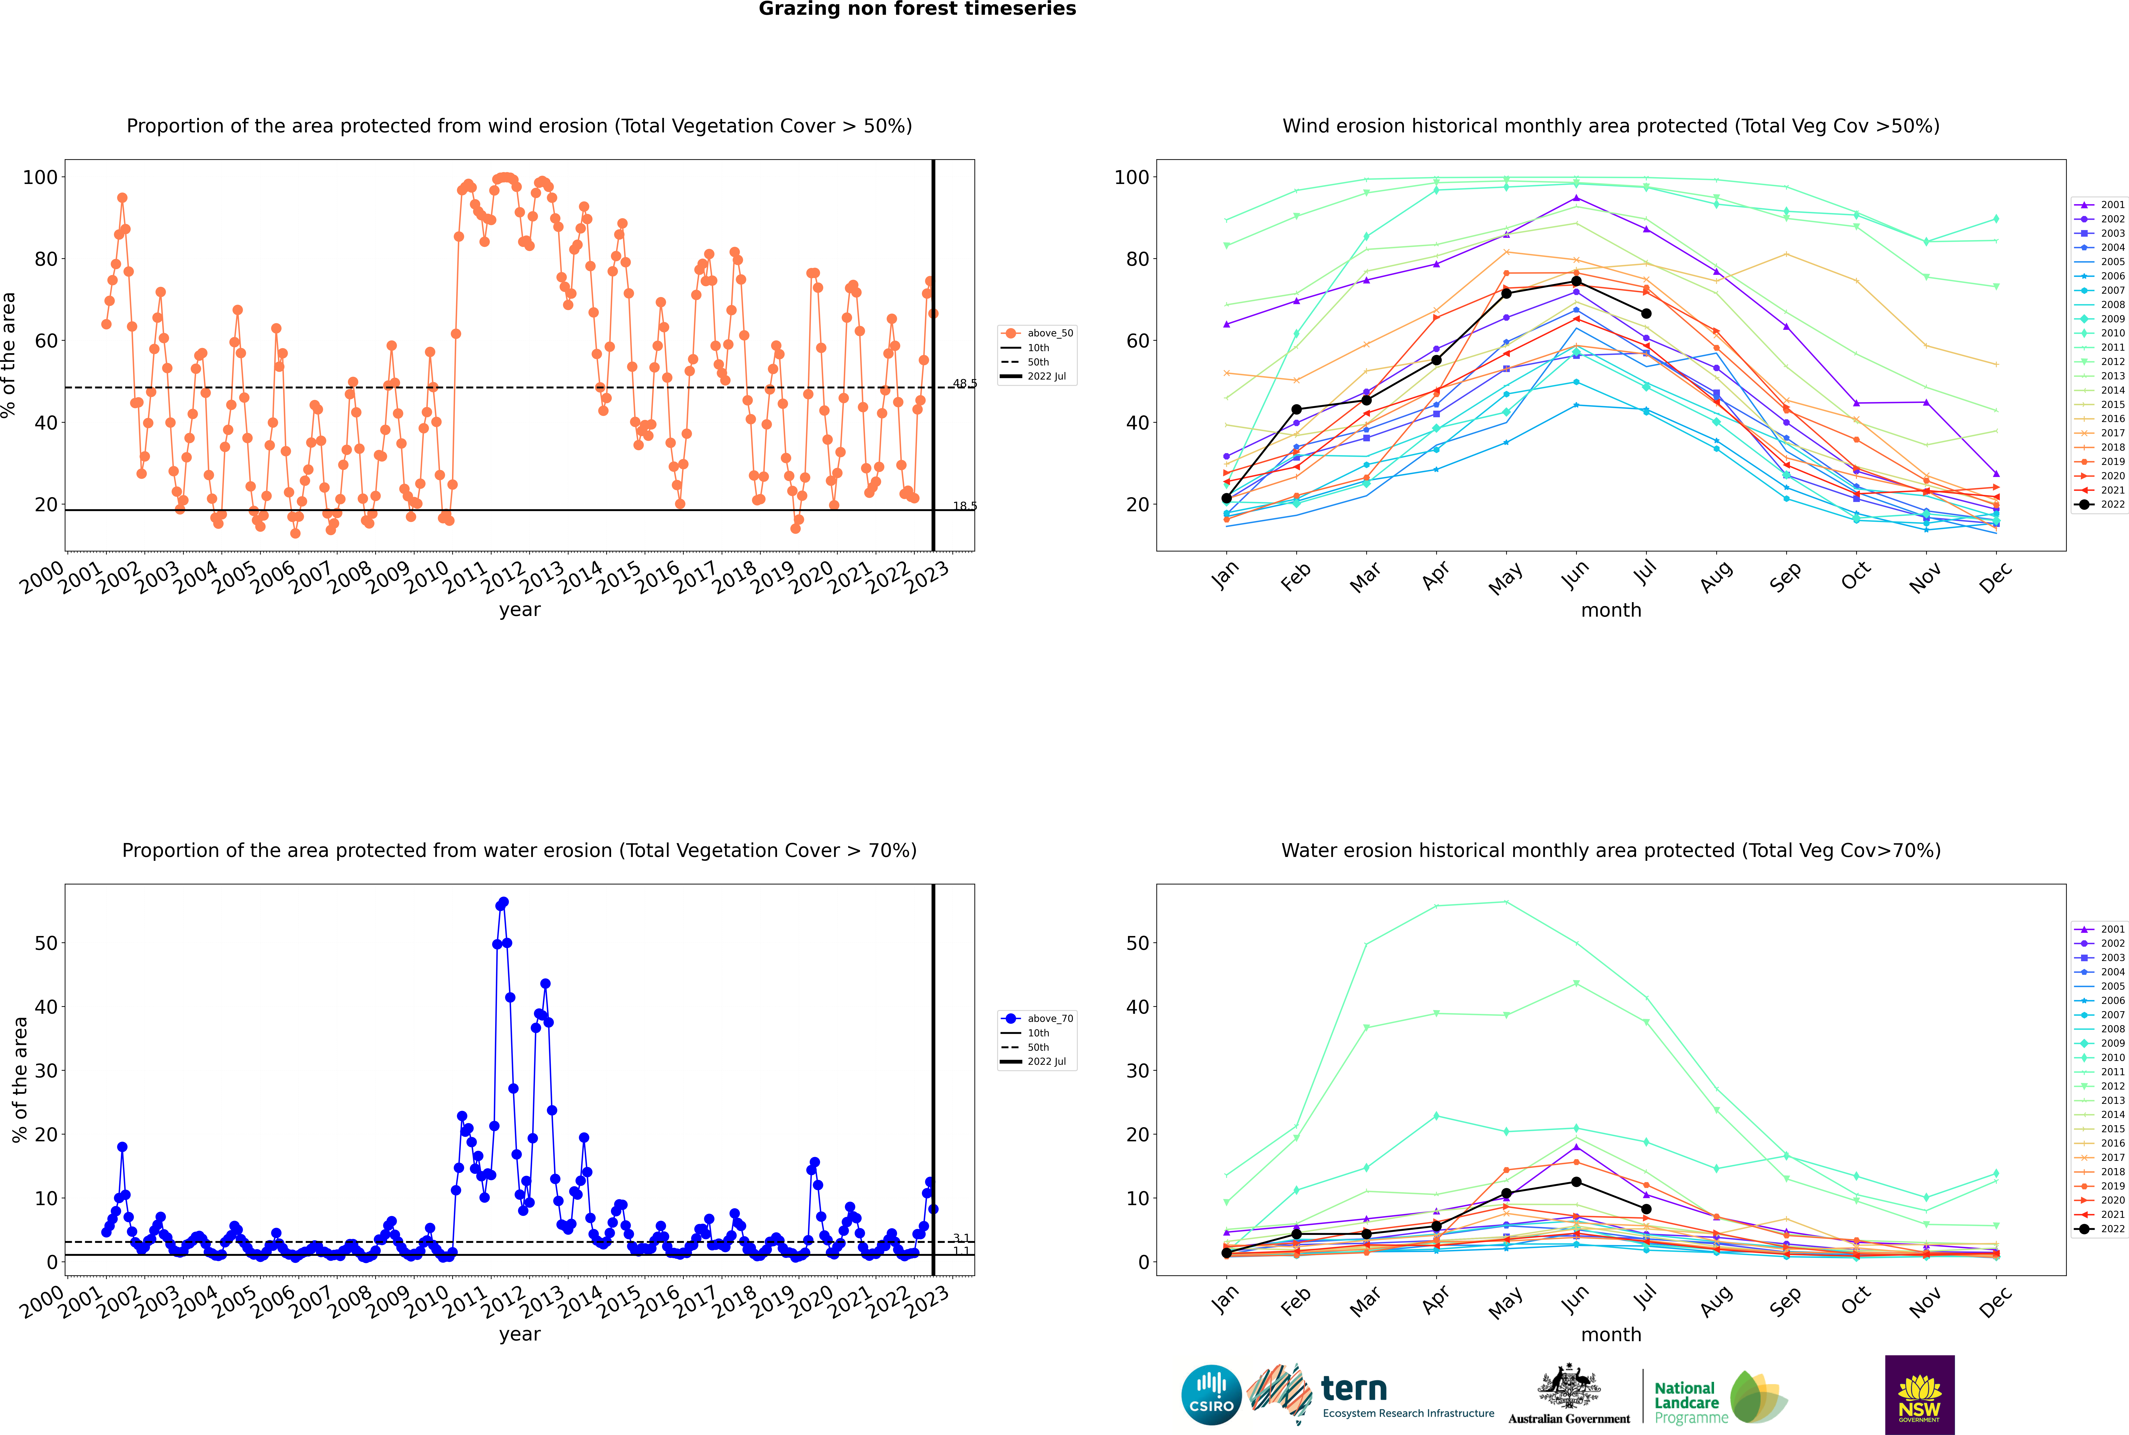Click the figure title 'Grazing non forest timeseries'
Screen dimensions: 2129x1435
(x=917, y=9)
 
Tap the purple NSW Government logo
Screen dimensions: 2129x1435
(x=1919, y=1395)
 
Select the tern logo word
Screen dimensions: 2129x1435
(x=1354, y=1389)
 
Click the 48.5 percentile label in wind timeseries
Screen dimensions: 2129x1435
(x=965, y=383)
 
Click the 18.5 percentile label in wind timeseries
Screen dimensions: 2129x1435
(x=965, y=506)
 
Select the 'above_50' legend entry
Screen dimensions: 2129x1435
(x=1037, y=333)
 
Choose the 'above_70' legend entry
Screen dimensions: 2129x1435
(x=1037, y=1019)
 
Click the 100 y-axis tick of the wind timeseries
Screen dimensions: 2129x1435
(x=40, y=178)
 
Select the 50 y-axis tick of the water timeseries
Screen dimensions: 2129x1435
(x=46, y=943)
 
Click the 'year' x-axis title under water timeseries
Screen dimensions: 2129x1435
(x=520, y=1334)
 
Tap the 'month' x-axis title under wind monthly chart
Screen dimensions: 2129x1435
(x=1611, y=611)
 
